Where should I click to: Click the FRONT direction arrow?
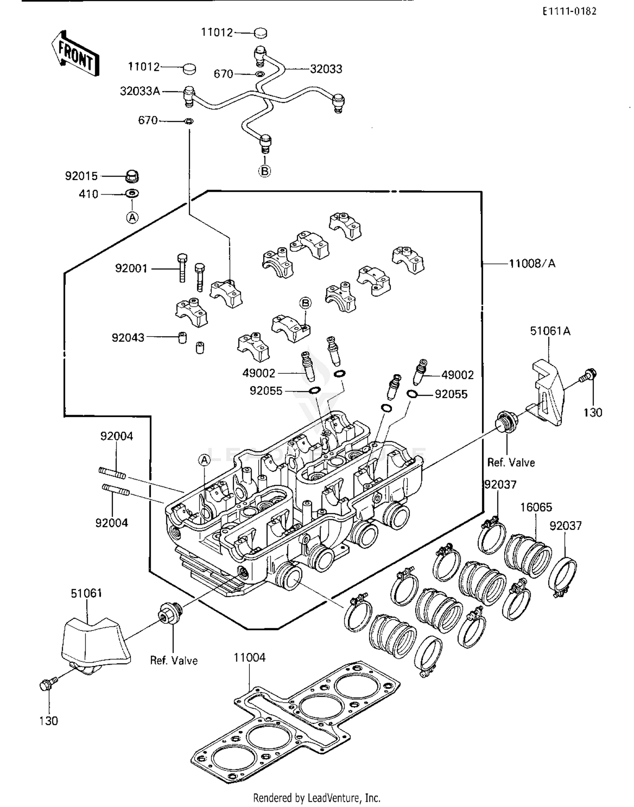75,54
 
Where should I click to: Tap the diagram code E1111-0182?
569,11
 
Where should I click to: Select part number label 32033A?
140,91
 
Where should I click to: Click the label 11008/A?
532,264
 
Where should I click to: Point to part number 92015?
81,176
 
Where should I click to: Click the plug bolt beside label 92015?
132,176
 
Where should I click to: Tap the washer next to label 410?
132,194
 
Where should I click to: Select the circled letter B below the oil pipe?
265,171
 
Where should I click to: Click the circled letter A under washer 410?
132,217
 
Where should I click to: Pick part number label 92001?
131,268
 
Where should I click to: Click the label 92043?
128,337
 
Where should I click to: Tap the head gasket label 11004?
249,658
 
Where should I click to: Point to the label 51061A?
550,331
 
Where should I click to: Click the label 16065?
536,507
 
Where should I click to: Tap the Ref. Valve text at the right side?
511,462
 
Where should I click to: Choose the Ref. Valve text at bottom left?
174,660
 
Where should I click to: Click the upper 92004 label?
116,436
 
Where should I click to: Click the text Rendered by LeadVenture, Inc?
317,798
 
